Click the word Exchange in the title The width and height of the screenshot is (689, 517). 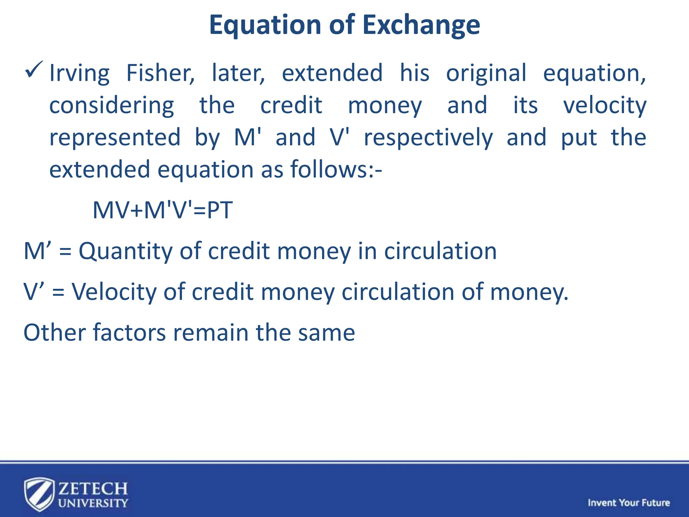click(x=421, y=25)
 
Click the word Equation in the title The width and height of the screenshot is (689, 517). click(x=265, y=25)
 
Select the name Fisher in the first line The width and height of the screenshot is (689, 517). click(x=160, y=73)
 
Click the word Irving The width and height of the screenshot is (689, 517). click(x=79, y=73)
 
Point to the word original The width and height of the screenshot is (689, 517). click(x=486, y=73)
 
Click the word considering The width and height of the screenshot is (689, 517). click(x=111, y=105)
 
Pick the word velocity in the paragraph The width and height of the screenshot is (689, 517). click(x=605, y=105)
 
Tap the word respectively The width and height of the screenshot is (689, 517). click(x=428, y=138)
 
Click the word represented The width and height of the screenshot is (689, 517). click(x=115, y=138)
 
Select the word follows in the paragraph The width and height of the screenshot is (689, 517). click(x=329, y=169)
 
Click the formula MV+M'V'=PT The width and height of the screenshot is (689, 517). click(x=162, y=210)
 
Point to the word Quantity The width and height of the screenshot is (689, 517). click(x=125, y=251)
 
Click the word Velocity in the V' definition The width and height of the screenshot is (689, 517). click(x=114, y=292)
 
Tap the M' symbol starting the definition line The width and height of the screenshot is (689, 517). click(x=37, y=251)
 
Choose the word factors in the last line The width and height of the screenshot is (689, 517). click(x=129, y=333)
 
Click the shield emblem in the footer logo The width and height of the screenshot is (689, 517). click(x=39, y=494)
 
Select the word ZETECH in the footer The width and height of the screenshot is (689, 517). click(x=93, y=488)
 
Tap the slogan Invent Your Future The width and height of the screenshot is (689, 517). click(x=628, y=503)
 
